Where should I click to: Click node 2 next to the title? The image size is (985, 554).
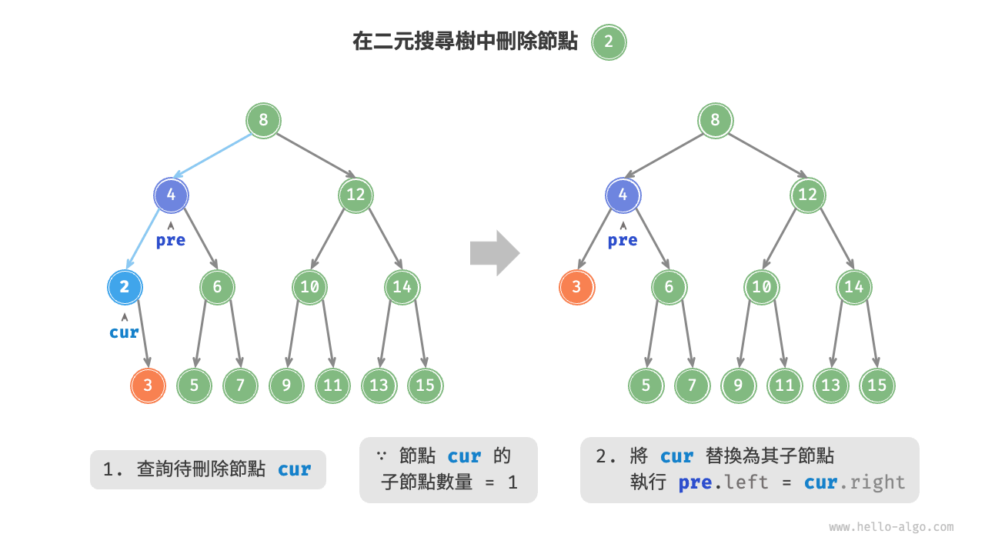(x=609, y=42)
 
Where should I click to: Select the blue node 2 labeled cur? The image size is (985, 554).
(x=125, y=288)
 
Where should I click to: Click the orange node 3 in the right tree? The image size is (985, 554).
(x=576, y=288)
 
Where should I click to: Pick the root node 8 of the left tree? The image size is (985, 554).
(x=263, y=120)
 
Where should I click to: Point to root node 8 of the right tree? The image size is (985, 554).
(x=715, y=120)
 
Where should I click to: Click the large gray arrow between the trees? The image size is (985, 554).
(x=494, y=252)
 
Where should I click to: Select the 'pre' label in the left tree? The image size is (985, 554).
(x=170, y=240)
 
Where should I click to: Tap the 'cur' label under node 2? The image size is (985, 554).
(x=124, y=332)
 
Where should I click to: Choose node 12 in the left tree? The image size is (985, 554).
(x=356, y=195)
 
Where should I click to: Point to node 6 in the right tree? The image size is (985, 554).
(x=669, y=288)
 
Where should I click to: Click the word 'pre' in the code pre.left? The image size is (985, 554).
(x=696, y=483)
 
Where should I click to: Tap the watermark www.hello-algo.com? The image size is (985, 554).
(x=891, y=527)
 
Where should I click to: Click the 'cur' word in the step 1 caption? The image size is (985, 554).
(x=294, y=469)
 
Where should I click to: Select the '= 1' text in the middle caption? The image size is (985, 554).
(x=501, y=483)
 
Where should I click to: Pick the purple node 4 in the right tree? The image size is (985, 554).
(x=623, y=195)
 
